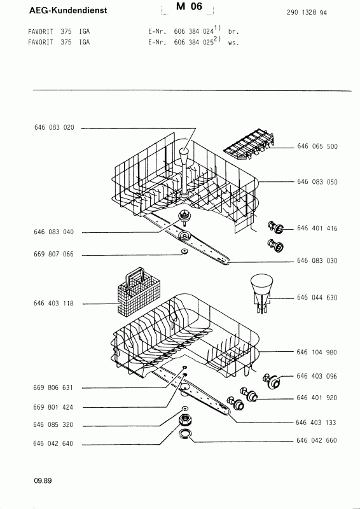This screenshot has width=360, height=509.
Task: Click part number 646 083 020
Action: (54, 128)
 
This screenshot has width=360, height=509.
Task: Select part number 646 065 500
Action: (317, 146)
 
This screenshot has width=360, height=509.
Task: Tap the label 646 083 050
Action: (317, 182)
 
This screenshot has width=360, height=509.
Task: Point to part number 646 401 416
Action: (317, 228)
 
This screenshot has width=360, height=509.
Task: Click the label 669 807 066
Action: (54, 254)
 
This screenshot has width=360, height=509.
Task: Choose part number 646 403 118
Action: (53, 303)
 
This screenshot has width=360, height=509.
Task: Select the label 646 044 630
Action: (317, 297)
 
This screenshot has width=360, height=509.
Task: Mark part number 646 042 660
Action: (317, 440)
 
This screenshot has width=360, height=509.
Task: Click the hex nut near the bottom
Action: (184, 419)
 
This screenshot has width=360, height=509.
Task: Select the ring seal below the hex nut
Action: (185, 434)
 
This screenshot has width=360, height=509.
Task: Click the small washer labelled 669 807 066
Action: (185, 251)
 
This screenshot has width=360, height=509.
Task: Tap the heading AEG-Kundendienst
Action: (68, 10)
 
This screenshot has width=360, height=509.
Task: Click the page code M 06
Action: (190, 6)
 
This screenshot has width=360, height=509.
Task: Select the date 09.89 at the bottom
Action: (43, 481)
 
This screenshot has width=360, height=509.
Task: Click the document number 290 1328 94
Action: (307, 13)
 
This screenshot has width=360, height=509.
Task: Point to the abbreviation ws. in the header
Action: (233, 43)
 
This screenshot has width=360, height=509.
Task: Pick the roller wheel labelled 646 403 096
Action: (271, 380)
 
